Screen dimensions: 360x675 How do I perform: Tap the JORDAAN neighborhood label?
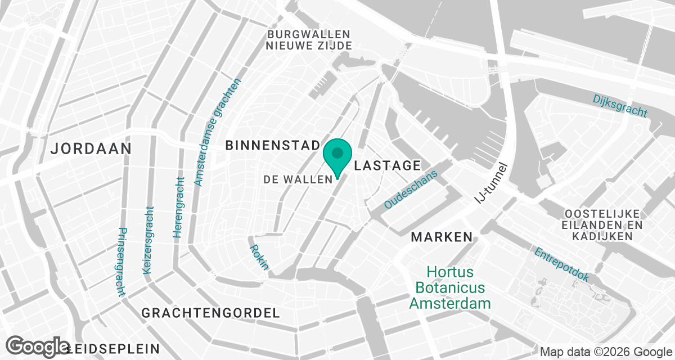[x=91, y=149]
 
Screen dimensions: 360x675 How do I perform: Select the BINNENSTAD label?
[x=273, y=146]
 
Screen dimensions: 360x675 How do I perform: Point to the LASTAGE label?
[x=387, y=165]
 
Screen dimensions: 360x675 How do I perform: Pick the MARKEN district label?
[x=442, y=237]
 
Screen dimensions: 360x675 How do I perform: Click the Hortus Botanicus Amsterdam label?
[x=449, y=288]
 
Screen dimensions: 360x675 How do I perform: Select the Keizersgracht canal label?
[x=148, y=240]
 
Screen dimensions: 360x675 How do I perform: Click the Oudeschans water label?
[x=410, y=190]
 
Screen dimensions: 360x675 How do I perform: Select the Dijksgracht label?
[x=620, y=106]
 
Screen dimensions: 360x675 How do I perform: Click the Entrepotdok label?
[x=561, y=265]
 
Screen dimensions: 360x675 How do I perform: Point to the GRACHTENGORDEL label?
[x=210, y=313]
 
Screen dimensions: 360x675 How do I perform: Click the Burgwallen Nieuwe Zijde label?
[x=309, y=40]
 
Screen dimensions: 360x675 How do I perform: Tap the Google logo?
[x=38, y=346]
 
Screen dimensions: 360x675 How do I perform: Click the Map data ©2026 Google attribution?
[x=606, y=352]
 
